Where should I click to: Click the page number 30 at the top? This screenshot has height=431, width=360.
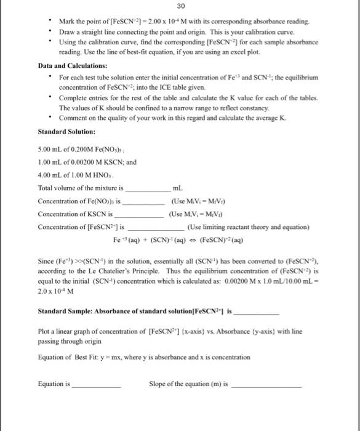click(180, 7)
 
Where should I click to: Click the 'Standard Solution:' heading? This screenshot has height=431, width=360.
click(66, 132)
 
